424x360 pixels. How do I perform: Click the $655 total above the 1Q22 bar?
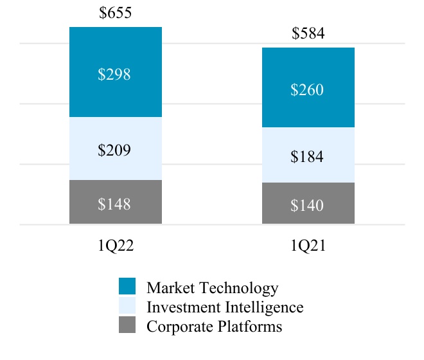tap(116, 13)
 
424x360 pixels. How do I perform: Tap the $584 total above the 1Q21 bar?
tap(308, 33)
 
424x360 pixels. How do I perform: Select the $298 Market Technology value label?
tap(116, 75)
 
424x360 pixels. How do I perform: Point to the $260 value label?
tap(308, 90)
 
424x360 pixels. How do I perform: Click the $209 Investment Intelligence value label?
tap(116, 150)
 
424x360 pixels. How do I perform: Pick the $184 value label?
tap(308, 157)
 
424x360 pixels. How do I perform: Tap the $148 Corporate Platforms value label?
tap(116, 204)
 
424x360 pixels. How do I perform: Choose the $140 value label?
tap(308, 206)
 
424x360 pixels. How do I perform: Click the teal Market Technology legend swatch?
tap(128, 287)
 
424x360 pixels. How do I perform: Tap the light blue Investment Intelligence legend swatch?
tap(128, 307)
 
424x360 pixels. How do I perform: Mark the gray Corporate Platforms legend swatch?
tap(128, 326)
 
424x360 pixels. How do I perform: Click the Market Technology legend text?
tap(213, 287)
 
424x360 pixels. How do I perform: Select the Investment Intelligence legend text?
tap(225, 307)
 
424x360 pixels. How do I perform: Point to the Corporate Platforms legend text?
tap(215, 326)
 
